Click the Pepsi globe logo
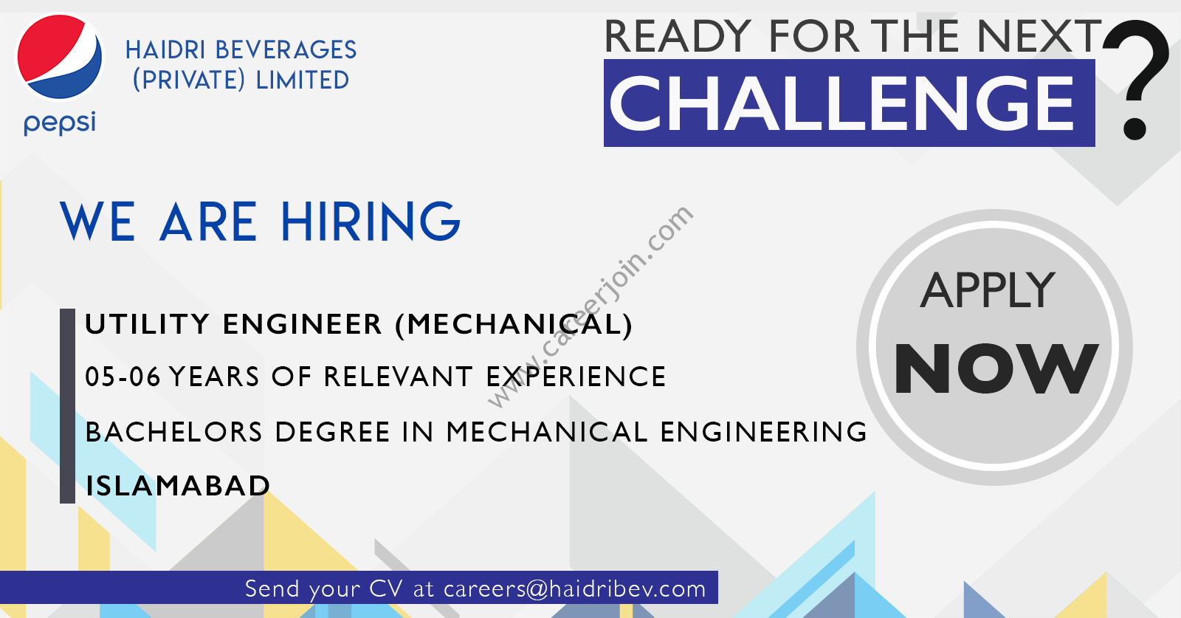coord(60,57)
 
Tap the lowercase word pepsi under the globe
coord(60,123)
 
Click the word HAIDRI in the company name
coord(165,51)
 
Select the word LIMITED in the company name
coord(302,80)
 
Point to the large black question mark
coord(1136,79)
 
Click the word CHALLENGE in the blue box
coord(841,103)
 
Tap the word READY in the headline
coord(678,36)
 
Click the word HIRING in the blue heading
coord(371,222)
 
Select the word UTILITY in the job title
coord(147,323)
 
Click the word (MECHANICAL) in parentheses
coord(514,324)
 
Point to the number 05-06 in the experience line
coord(123,377)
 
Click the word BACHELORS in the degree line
coord(173,432)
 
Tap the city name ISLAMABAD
coord(178,486)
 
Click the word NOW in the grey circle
coord(996,368)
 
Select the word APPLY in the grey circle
coord(988,291)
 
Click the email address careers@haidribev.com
coord(575,588)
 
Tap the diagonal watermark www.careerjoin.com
coord(590,307)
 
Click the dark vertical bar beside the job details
coord(67,406)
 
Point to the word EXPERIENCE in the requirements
coord(576,377)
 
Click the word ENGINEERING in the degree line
coord(763,432)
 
